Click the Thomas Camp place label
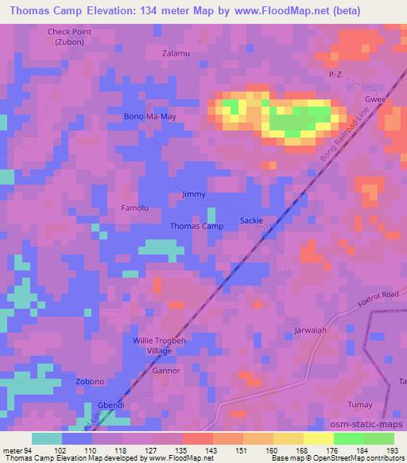(196, 226)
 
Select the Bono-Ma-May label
(149, 117)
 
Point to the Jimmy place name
(194, 194)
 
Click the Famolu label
(134, 208)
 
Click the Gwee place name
(375, 101)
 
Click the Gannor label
(165, 372)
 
